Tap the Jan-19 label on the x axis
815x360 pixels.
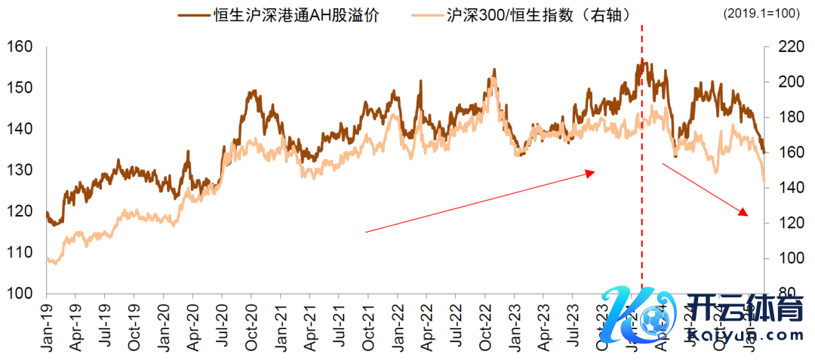pyautogui.click(x=46, y=326)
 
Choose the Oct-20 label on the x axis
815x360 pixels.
pyautogui.click(x=252, y=326)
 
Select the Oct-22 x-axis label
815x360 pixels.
pyautogui.click(x=484, y=326)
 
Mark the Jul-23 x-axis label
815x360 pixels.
pyautogui.click(x=573, y=326)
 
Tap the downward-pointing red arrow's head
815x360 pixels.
pyautogui.click(x=745, y=214)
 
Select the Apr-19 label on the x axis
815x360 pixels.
pyautogui.click(x=75, y=326)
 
